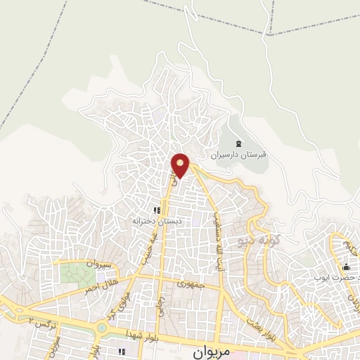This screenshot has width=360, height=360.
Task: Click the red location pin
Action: [181, 165]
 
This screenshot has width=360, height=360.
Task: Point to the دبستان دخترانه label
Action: [157, 221]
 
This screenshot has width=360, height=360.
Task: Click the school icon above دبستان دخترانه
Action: [157, 210]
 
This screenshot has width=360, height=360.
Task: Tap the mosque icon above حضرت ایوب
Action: [345, 267]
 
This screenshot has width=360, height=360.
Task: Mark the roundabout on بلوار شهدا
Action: [102, 326]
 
